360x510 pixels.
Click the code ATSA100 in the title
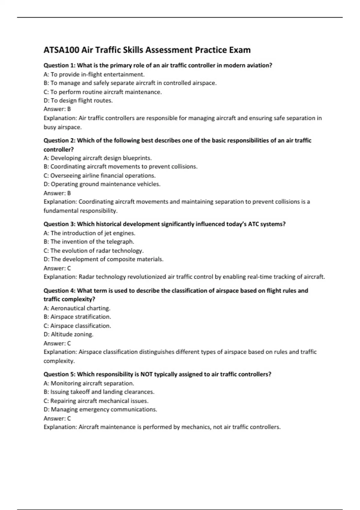62,50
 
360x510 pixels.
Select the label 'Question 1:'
59,65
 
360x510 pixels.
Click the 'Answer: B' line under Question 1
57,109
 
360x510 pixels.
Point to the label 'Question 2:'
59,140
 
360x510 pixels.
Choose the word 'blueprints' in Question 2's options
136,158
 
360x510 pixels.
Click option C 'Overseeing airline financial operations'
100,175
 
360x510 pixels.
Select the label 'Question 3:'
59,224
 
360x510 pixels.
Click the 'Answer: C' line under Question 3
57,268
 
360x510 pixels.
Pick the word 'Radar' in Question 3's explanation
86,277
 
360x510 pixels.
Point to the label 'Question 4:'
59,291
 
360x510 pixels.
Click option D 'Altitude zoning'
69,334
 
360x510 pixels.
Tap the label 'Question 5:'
59,374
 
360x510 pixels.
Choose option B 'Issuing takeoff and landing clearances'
99,392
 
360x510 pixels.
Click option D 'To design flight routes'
78,100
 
